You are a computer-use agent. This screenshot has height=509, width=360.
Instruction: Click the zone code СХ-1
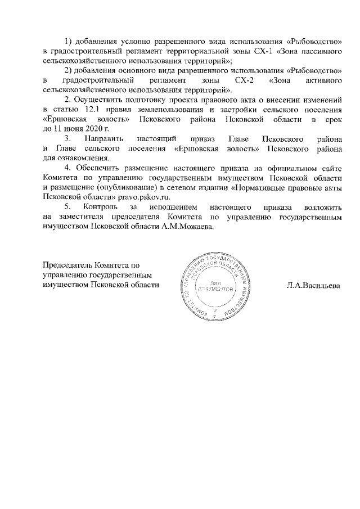[x=259, y=51]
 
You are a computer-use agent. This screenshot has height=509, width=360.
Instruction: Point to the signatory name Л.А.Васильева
[x=314, y=285]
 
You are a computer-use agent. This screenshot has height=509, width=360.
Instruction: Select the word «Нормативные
[x=261, y=188]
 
